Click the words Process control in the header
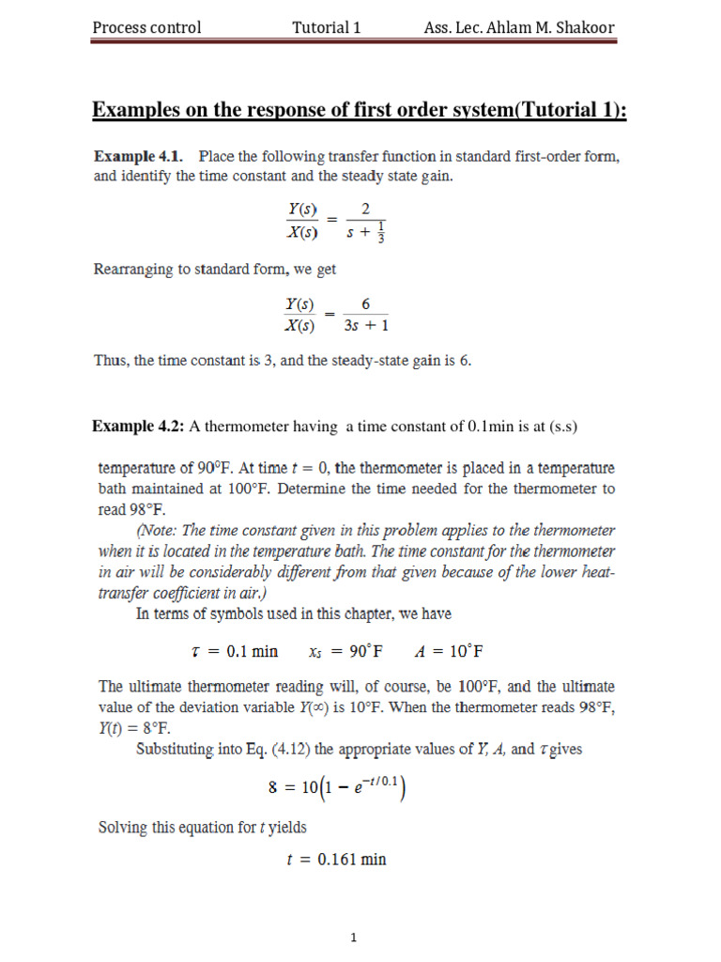tap(146, 27)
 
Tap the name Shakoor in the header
tap(583, 27)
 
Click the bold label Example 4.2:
tap(138, 427)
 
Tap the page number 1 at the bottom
tap(353, 937)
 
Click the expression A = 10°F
tap(448, 651)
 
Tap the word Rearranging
tap(133, 270)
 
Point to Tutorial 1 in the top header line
tap(327, 27)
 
